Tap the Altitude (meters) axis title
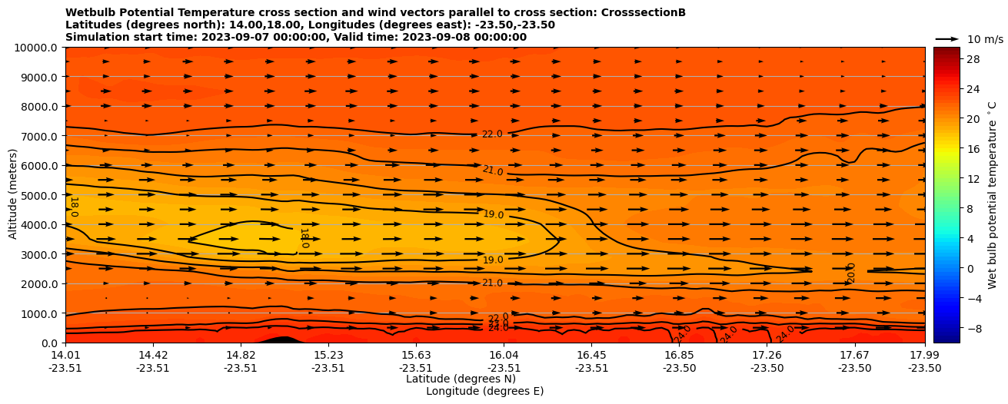(13, 195)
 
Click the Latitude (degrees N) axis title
(461, 379)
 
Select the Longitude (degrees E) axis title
(484, 391)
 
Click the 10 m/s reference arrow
(947, 38)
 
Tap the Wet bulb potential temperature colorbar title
(993, 195)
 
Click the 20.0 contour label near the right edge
(851, 273)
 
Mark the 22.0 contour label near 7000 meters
(492, 134)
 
